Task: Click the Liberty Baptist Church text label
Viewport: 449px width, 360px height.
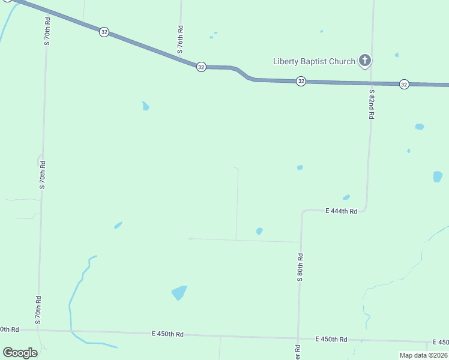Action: [314, 61]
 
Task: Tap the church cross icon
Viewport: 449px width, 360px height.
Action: [364, 60]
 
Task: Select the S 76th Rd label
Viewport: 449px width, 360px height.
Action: [180, 40]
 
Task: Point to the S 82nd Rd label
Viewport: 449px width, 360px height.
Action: [372, 104]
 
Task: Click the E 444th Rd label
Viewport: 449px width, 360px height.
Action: [341, 211]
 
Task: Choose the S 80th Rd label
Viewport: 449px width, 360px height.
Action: [300, 268]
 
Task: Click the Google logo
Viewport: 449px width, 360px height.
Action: [20, 352]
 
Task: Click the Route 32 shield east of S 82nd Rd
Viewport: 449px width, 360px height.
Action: [404, 85]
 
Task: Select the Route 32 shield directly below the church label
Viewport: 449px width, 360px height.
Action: [301, 81]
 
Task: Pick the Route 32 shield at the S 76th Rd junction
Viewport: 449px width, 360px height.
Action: [201, 67]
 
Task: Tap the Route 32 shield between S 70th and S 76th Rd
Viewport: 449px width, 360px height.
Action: [104, 32]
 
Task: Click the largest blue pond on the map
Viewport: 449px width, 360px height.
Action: [179, 293]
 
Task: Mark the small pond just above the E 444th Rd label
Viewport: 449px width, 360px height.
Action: [346, 197]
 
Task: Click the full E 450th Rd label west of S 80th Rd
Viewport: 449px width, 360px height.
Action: [167, 334]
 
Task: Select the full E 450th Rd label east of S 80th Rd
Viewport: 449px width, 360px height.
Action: [331, 339]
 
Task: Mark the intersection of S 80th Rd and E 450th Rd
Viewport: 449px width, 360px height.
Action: [298, 337]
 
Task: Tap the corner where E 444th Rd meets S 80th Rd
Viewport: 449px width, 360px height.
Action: [302, 212]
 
